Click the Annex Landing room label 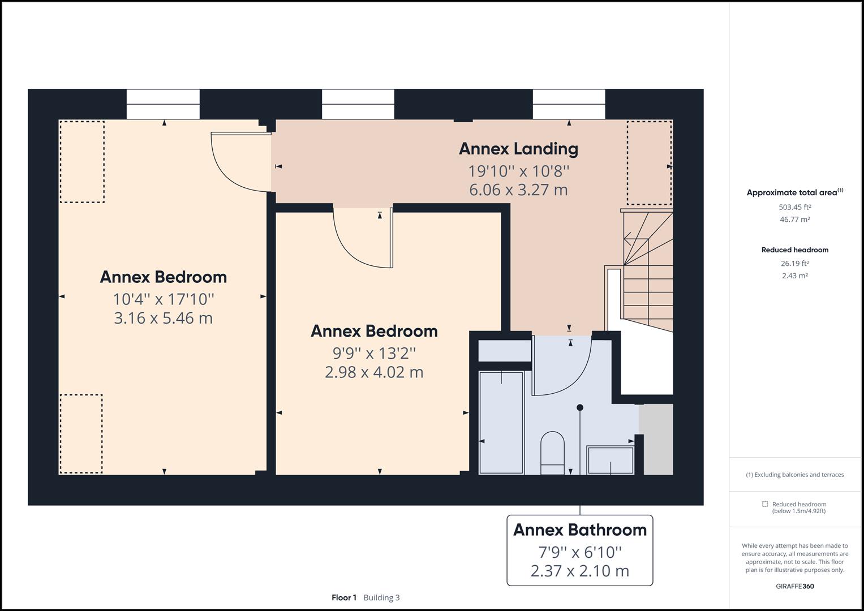(518, 149)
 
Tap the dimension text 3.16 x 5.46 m (163, 318)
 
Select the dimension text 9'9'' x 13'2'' (374, 353)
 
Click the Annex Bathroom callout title (579, 530)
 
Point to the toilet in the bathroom (552, 453)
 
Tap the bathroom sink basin (611, 460)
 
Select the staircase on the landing (648, 272)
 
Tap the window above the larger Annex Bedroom (163, 104)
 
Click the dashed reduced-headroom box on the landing (649, 163)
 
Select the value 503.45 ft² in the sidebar (794, 207)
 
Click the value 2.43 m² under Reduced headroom (794, 276)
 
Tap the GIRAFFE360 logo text (794, 586)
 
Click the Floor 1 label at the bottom (344, 597)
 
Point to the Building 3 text (381, 597)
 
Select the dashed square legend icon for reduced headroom (765, 504)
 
